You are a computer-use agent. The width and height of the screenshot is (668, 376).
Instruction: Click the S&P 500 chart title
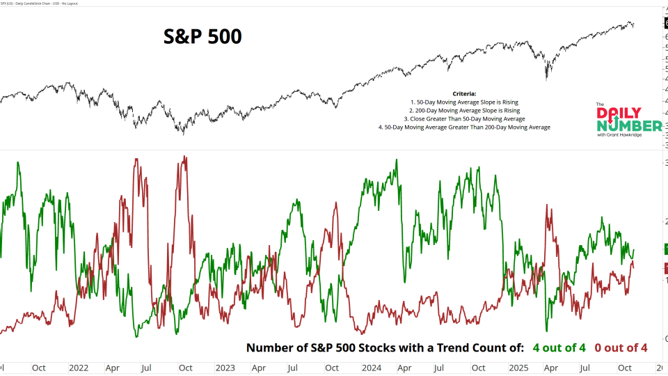coord(202,36)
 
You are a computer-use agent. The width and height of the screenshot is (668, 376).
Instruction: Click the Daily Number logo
coord(628,119)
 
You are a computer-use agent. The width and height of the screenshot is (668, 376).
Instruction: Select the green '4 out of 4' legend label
coord(559,347)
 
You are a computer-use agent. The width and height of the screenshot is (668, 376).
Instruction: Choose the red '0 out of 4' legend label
coord(621,347)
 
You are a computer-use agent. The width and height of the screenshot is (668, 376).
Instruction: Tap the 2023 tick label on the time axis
coord(225,367)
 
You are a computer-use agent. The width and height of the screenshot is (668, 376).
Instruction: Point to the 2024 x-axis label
coord(371,367)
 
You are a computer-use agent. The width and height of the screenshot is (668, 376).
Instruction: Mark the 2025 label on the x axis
coord(518,367)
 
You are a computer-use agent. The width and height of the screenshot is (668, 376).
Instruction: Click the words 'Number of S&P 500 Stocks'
coord(313,347)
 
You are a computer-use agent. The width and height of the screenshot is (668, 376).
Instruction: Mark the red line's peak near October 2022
coord(184,157)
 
